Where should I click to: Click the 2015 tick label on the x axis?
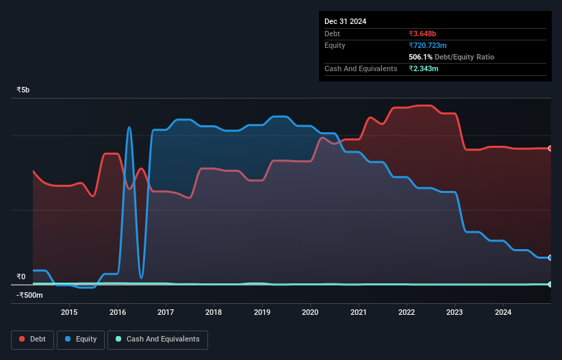click(69, 313)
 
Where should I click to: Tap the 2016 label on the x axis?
click(118, 313)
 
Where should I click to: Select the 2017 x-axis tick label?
click(166, 313)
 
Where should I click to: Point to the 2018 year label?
click(214, 313)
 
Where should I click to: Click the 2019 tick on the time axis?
click(262, 313)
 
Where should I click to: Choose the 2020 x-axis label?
click(311, 313)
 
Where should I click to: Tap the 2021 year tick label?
click(359, 313)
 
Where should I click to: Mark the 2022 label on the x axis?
click(407, 313)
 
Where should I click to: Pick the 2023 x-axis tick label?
click(455, 313)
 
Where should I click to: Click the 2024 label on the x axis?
click(503, 313)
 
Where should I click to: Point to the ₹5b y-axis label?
click(23, 90)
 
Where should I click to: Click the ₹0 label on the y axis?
click(21, 277)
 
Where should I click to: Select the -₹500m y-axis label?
click(29, 295)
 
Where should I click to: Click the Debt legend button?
click(32, 339)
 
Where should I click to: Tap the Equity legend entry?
click(81, 339)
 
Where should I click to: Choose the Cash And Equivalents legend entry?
click(157, 339)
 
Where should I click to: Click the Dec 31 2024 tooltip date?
click(346, 21)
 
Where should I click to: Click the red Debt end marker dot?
click(550, 148)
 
